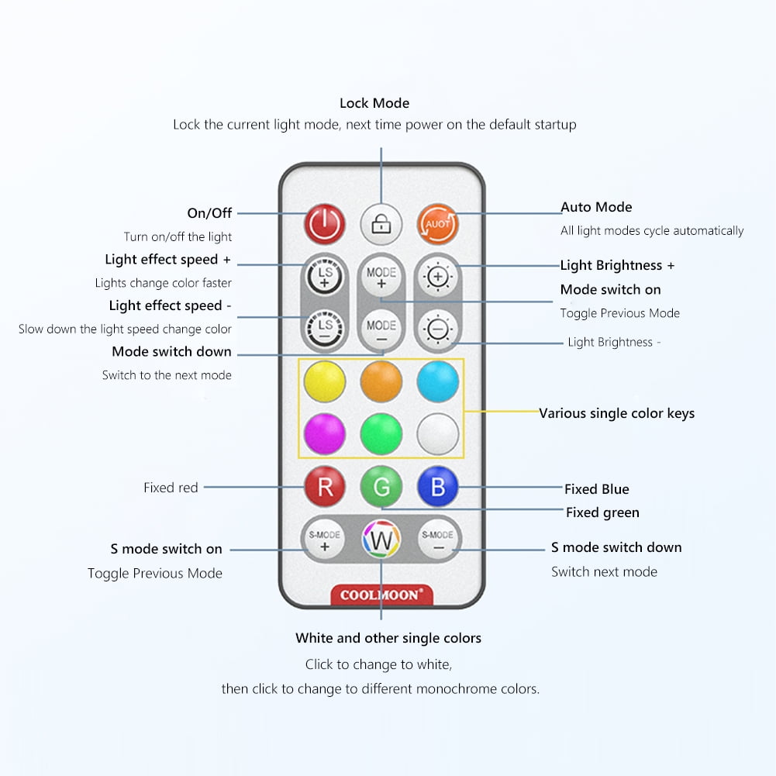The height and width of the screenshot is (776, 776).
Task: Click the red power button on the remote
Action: point(324,224)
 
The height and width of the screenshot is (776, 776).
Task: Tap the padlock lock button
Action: point(381,224)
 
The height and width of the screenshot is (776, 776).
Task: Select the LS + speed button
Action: point(324,277)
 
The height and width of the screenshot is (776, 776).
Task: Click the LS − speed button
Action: point(324,329)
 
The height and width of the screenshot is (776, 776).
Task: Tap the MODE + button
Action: point(381,277)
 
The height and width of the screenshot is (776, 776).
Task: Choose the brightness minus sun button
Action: point(438,329)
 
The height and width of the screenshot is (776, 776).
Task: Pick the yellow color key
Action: point(324,381)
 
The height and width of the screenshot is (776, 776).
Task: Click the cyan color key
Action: point(438,381)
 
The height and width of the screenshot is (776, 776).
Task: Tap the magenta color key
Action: point(324,434)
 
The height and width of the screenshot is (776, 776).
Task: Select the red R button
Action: point(324,487)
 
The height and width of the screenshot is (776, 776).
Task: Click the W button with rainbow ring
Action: point(381,540)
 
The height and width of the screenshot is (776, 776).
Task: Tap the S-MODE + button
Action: point(324,540)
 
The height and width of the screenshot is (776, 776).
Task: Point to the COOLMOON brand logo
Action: point(381,595)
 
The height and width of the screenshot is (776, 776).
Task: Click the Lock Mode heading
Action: point(374,103)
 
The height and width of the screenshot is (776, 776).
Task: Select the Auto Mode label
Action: point(596,207)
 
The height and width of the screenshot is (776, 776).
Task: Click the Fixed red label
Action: point(171,488)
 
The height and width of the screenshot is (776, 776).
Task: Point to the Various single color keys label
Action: point(616,413)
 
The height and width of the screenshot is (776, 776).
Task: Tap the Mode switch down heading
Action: point(172,351)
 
